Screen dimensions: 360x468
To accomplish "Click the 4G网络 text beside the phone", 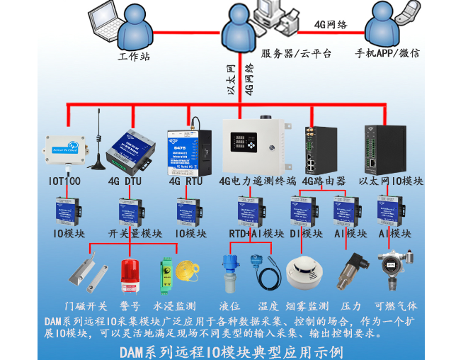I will (x=331, y=24).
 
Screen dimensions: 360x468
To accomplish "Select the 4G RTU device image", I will (x=188, y=150).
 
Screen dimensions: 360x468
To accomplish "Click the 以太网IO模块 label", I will (x=392, y=181).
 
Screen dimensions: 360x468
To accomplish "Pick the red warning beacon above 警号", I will (x=130, y=275).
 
